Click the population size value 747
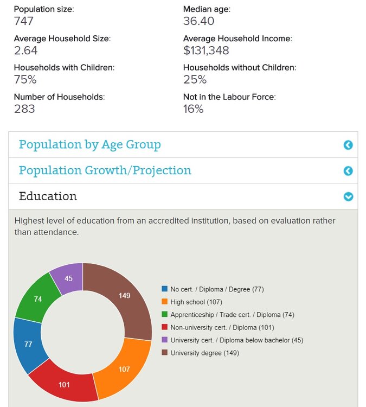[x=24, y=21]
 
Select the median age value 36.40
[x=198, y=21]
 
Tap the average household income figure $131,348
[x=206, y=50]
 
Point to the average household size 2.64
[x=25, y=50]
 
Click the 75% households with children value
[x=25, y=80]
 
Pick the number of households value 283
[x=24, y=109]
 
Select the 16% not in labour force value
[x=193, y=109]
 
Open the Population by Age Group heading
[x=89, y=145]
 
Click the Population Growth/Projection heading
[x=105, y=170]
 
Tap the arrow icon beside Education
[x=348, y=196]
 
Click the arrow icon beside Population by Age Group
[x=348, y=145]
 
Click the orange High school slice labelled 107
[x=124, y=369]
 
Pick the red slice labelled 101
[x=65, y=384]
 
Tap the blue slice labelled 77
[x=28, y=344]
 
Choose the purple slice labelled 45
[x=68, y=278]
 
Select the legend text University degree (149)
[x=204, y=353]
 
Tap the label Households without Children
[x=239, y=68]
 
